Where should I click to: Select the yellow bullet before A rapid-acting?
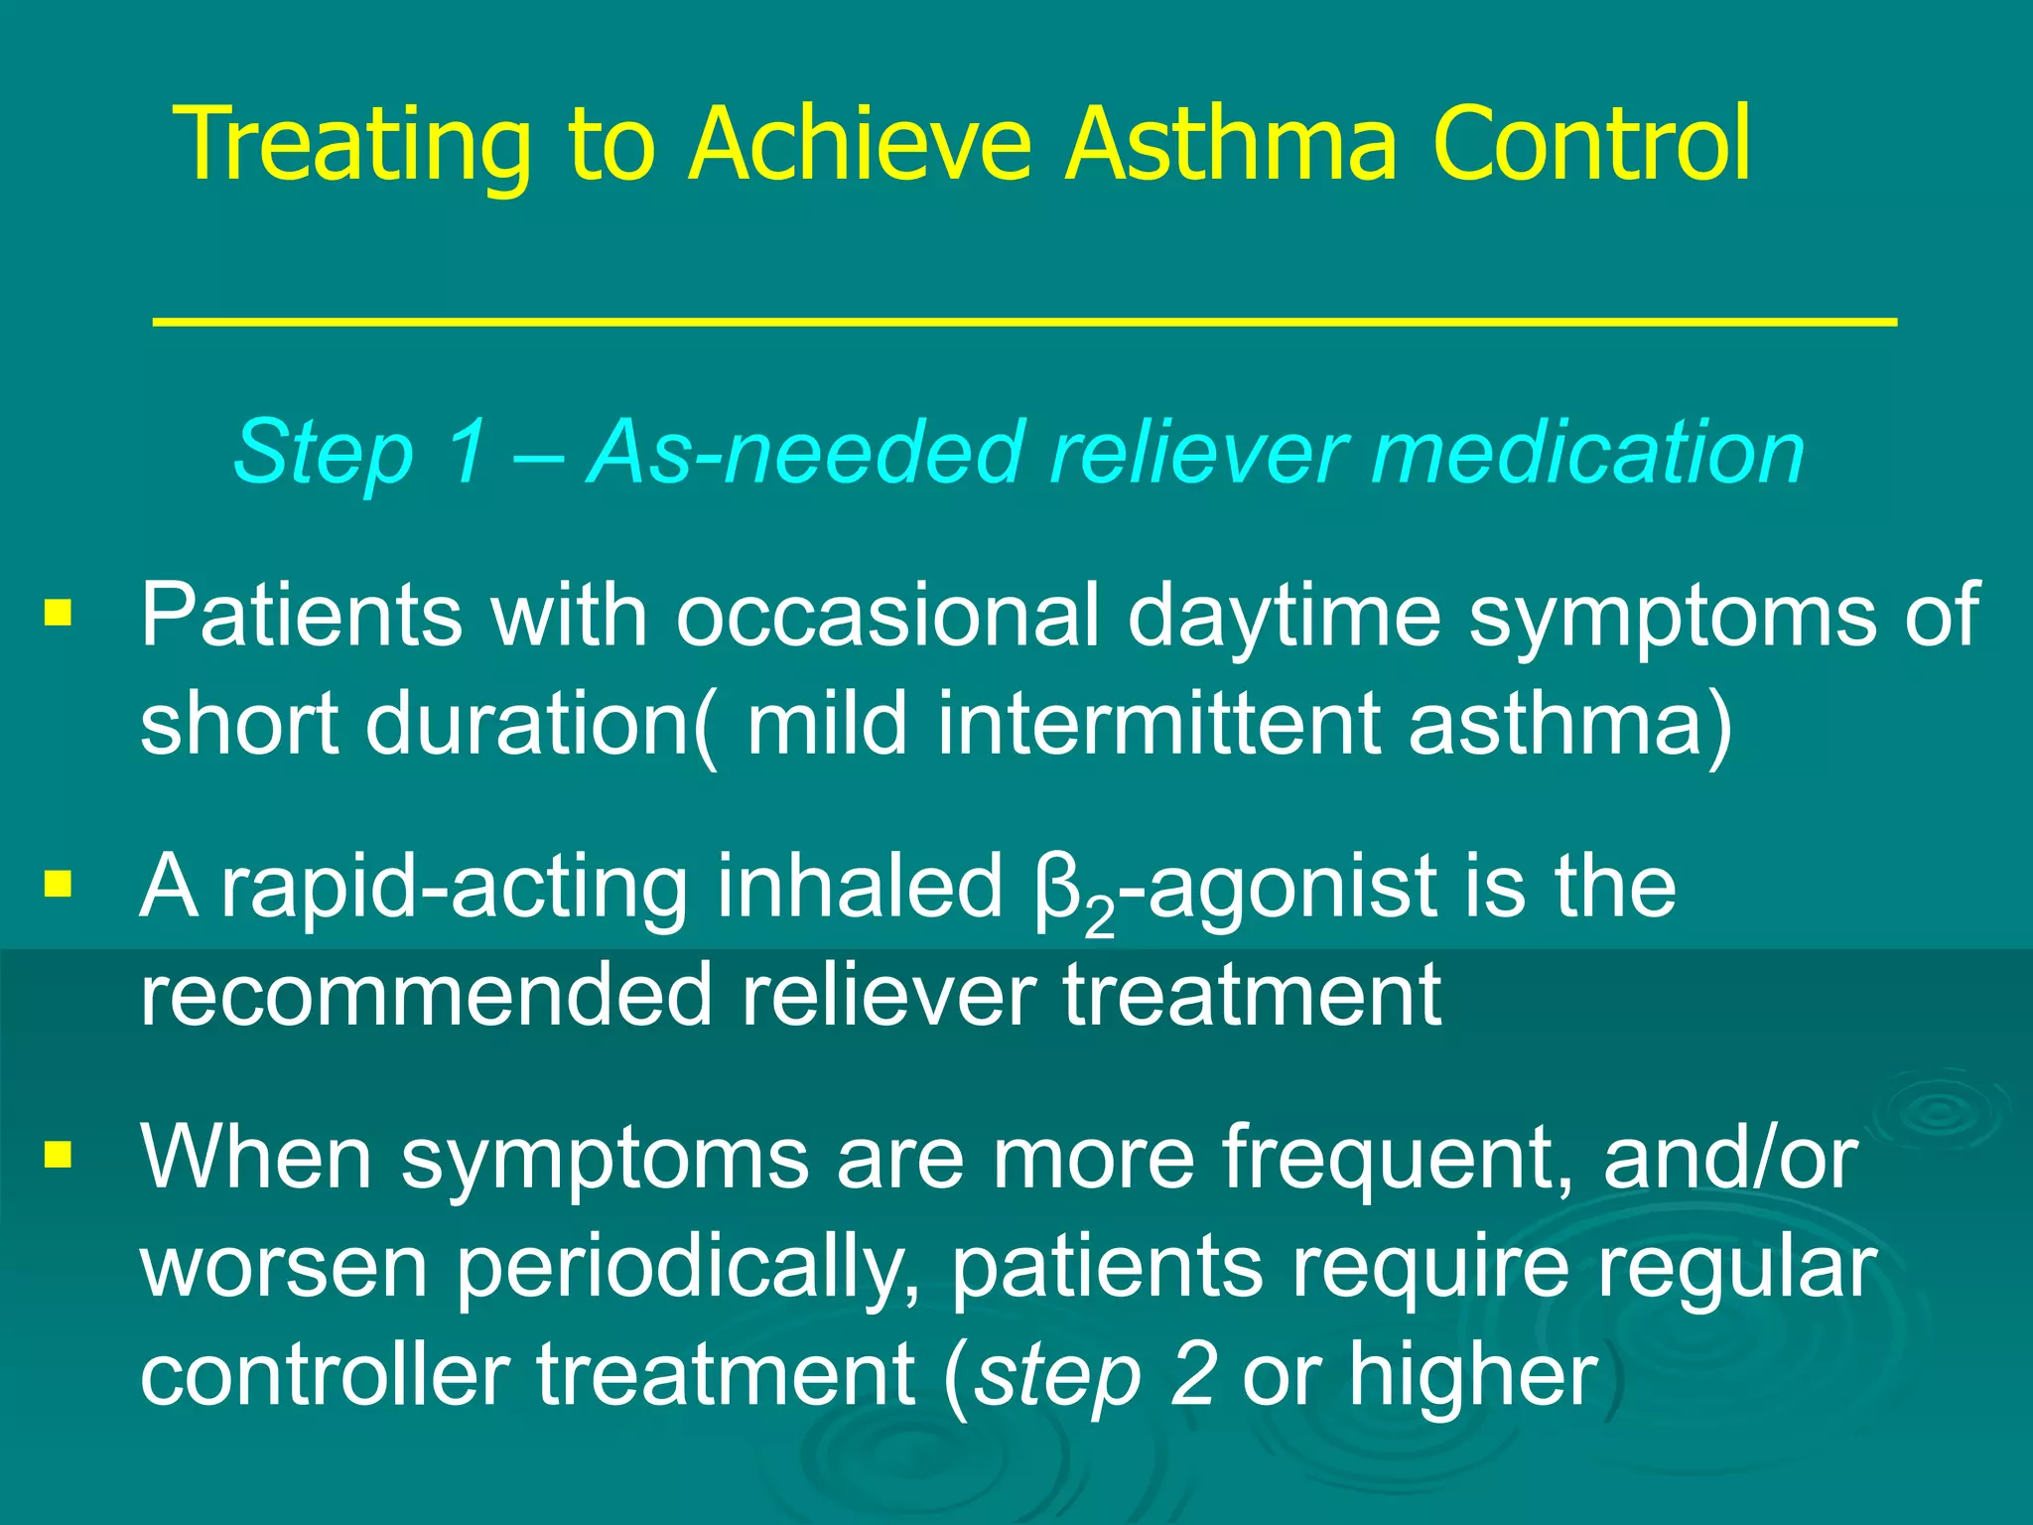click(59, 883)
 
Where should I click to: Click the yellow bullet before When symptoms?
click(59, 1154)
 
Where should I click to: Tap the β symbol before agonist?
click(1055, 889)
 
